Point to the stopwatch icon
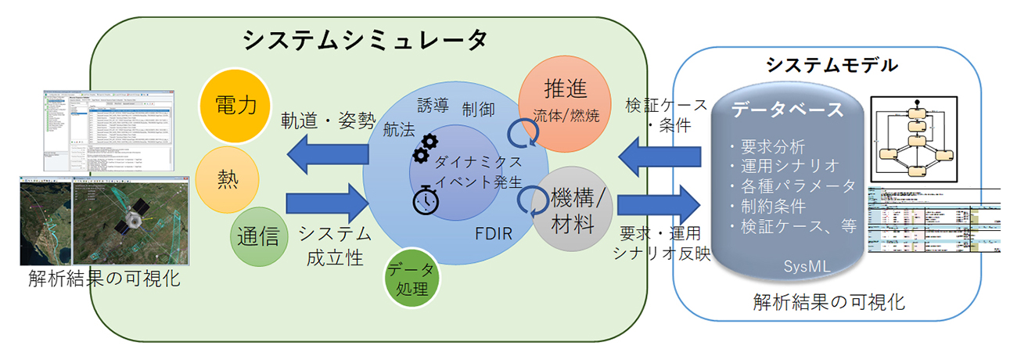(x=426, y=201)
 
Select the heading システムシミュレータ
(x=365, y=39)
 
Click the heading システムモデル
(x=831, y=65)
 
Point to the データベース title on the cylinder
(x=788, y=110)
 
